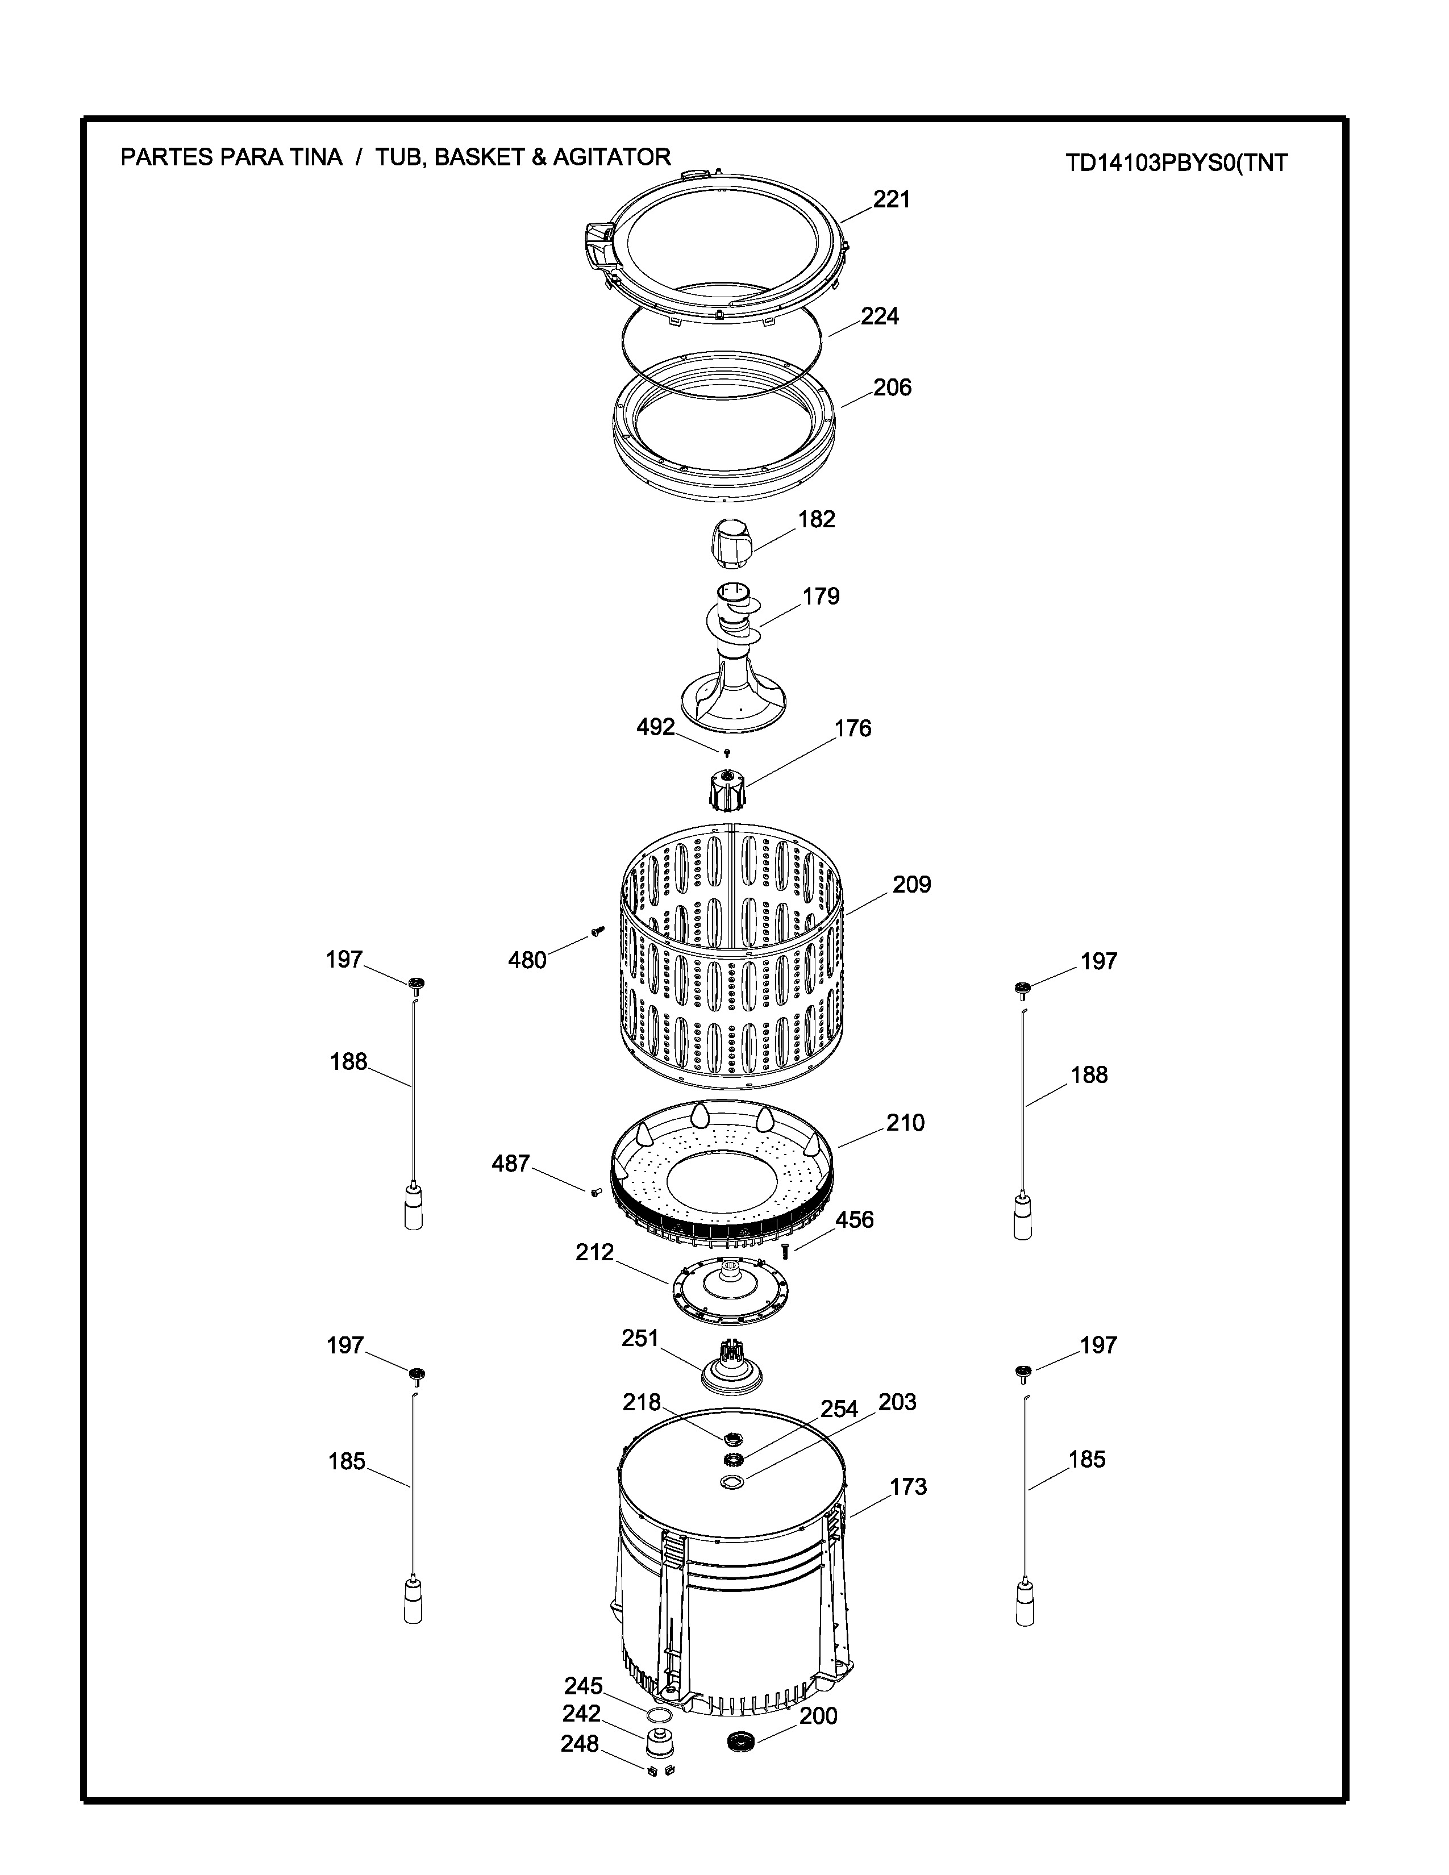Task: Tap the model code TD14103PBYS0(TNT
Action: click(1176, 163)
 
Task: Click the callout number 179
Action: click(821, 596)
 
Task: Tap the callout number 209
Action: click(911, 884)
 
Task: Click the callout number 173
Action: click(908, 1487)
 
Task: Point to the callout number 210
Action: click(906, 1123)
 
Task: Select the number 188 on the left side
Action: click(348, 1062)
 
